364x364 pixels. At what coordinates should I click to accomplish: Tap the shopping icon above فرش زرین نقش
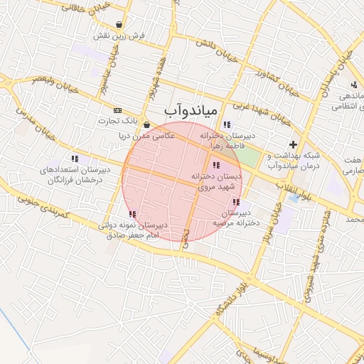coord(127,22)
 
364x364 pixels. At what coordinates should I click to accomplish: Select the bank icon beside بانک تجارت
coord(117,111)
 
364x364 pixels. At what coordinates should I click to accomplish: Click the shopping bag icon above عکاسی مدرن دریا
coord(146,124)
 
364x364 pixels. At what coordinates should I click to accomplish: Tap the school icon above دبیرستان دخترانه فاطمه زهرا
coord(226,124)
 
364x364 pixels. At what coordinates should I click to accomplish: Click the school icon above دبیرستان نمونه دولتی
coord(132,214)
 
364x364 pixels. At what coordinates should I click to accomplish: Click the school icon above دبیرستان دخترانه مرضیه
coord(235,203)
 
